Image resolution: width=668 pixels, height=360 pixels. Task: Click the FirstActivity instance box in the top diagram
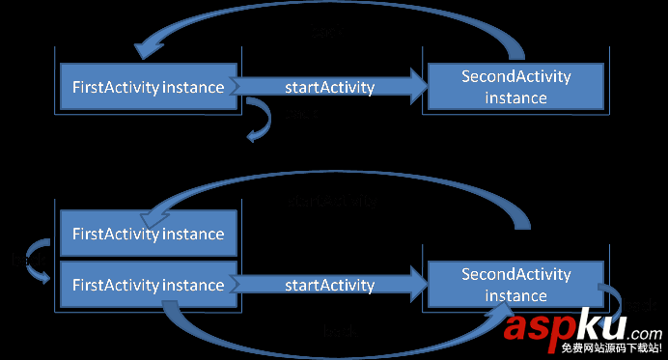149,87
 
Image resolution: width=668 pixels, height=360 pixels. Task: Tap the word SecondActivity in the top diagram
516,77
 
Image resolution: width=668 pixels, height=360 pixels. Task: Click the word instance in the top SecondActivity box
516,97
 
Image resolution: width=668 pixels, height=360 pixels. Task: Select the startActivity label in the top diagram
329,88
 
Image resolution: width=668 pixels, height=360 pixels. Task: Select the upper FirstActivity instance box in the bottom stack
149,234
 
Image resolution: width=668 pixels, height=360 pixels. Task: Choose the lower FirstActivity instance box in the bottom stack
149,285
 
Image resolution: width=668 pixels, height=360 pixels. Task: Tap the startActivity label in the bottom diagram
329,285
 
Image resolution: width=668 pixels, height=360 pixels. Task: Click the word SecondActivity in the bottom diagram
516,274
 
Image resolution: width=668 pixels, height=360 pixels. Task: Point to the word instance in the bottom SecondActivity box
516,295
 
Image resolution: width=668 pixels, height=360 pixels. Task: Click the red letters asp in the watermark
537,328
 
